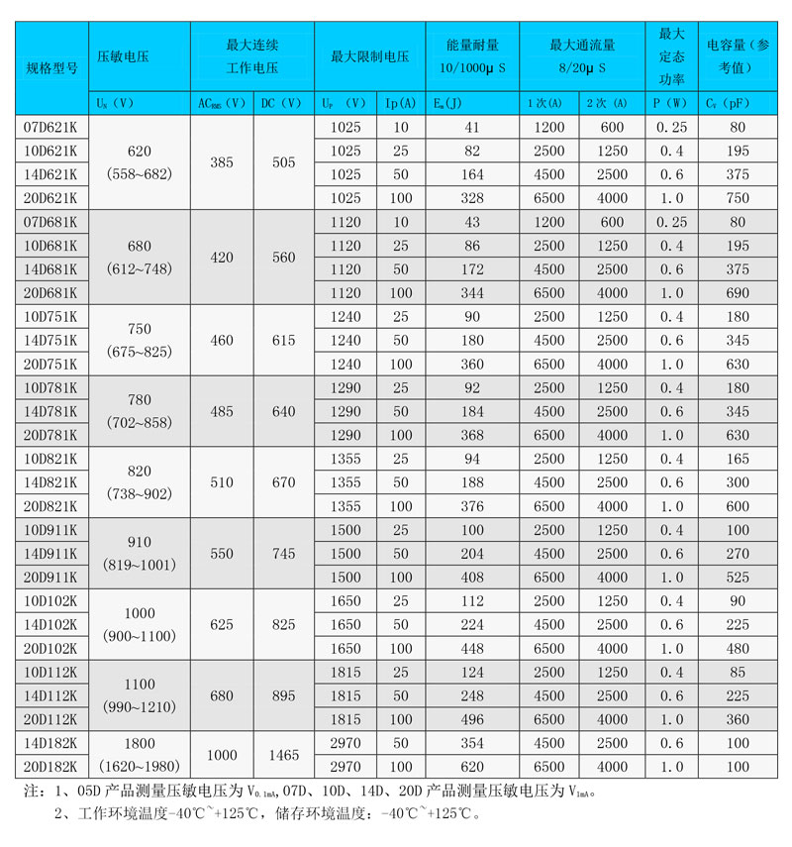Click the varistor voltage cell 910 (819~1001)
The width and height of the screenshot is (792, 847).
(x=151, y=554)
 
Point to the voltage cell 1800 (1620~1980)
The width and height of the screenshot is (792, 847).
(x=151, y=755)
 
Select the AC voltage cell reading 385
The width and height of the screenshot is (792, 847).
(x=221, y=162)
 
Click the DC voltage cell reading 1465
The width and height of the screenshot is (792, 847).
(x=283, y=755)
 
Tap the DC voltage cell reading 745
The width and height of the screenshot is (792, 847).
(x=283, y=554)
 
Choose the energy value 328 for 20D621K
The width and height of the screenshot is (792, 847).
(x=471, y=198)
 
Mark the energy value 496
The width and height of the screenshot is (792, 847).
(x=471, y=719)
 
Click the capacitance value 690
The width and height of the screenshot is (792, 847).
(x=738, y=293)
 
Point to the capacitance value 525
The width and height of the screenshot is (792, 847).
(x=738, y=577)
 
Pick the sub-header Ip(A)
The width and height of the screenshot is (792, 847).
(x=401, y=102)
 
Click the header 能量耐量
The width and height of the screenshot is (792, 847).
(x=472, y=46)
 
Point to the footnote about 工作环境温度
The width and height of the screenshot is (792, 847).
(x=268, y=814)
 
